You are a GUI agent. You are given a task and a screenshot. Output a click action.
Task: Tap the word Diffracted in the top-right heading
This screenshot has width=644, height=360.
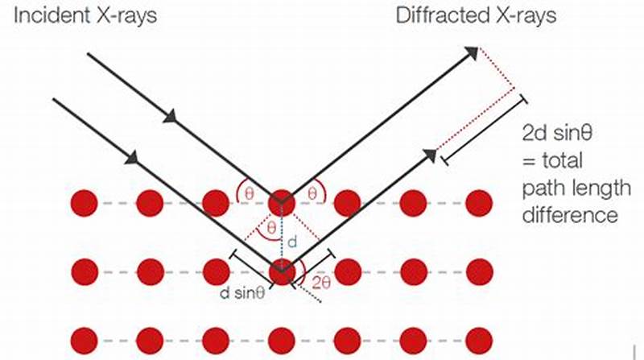[x=436, y=15]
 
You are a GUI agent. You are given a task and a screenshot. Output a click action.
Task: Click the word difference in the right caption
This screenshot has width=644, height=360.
[x=570, y=216]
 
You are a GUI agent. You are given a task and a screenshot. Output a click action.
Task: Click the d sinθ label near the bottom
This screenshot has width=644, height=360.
[x=243, y=293]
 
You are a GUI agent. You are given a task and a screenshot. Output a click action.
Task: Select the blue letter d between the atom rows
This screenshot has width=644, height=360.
[x=295, y=242]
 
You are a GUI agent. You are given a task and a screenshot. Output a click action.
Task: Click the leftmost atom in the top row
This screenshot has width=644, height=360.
[x=84, y=203]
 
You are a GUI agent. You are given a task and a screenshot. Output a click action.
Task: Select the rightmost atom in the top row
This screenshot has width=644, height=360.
[x=478, y=203]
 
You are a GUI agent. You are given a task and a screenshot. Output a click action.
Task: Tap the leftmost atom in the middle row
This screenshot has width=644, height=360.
[x=84, y=271]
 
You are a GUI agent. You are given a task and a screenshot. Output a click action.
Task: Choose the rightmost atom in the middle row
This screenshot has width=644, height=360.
[x=478, y=271]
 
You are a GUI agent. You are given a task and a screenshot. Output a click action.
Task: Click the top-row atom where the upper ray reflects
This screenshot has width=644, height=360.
[x=281, y=203]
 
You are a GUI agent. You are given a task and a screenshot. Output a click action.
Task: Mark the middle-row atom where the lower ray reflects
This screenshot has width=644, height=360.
[x=281, y=271]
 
